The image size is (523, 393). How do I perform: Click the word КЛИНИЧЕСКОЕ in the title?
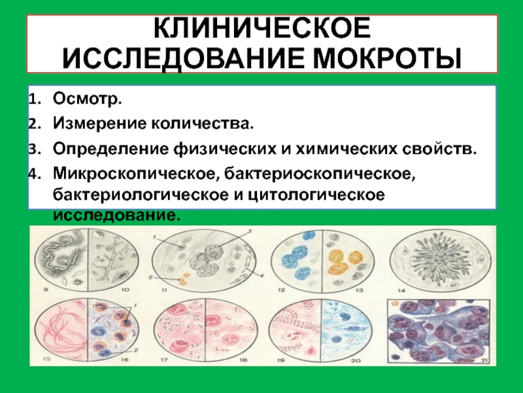pos(262,28)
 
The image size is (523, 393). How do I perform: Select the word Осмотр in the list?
pos(86,99)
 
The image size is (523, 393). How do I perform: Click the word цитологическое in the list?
pos(316,195)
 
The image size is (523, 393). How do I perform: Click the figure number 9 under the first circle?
pos(46,290)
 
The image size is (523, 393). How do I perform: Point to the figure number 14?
pos(401,290)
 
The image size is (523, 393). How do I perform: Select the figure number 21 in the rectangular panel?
pos(484,360)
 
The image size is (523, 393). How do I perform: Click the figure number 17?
pos(164,360)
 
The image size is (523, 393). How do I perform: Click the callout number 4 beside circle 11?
pos(261,275)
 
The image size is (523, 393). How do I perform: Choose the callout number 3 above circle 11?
pos(249,231)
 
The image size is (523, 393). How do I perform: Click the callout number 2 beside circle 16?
pos(136,350)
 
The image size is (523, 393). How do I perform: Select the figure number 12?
pos(282,290)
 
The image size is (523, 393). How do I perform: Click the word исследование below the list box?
pos(117,215)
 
